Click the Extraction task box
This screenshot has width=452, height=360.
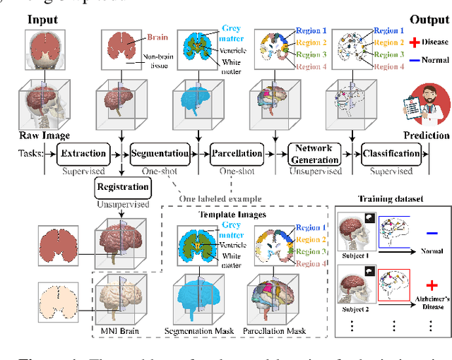point(84,153)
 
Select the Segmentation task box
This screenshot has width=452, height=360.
point(159,153)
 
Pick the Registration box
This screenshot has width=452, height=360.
point(122,187)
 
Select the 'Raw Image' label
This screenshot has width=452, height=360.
point(28,136)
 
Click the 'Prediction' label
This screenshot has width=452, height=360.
point(426,136)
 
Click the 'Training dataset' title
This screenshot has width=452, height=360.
point(391,199)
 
